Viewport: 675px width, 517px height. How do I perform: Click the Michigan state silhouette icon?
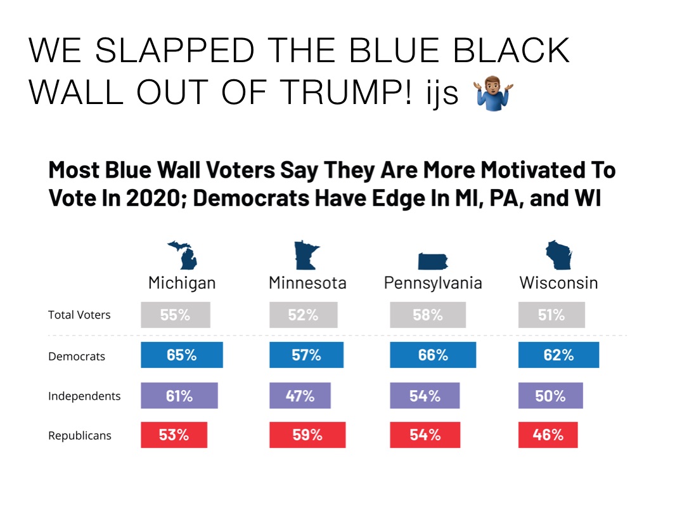(x=183, y=255)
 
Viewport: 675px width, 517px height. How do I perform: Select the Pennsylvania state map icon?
(x=433, y=261)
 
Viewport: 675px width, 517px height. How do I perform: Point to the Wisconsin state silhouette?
(x=558, y=255)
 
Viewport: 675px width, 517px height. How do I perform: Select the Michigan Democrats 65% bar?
(x=182, y=355)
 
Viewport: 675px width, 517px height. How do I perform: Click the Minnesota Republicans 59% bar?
(x=307, y=435)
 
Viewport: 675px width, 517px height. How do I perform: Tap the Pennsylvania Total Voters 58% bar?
(x=428, y=315)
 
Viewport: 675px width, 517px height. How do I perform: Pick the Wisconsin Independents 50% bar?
(x=550, y=396)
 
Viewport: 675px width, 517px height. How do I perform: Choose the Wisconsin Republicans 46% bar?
(x=548, y=435)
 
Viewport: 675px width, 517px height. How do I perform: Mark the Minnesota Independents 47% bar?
(x=300, y=396)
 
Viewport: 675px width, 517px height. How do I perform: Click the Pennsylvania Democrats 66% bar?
(x=433, y=355)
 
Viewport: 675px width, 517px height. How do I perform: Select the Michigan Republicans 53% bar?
(x=174, y=435)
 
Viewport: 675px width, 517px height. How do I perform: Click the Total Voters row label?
(x=79, y=315)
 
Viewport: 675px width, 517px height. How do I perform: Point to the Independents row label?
(x=84, y=396)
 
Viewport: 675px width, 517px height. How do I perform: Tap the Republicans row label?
(x=80, y=436)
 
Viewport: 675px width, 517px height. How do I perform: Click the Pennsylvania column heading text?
(x=433, y=283)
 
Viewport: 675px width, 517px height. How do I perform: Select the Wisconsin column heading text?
(x=558, y=283)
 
